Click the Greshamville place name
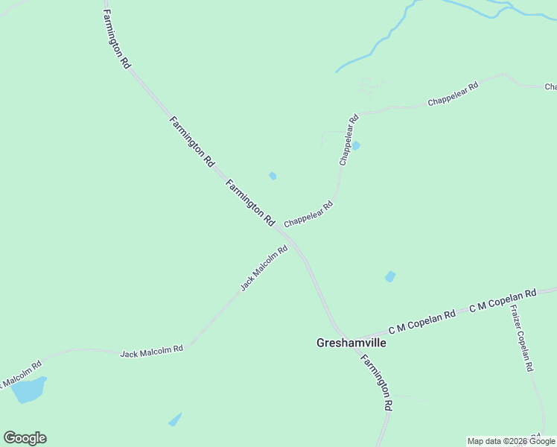351,343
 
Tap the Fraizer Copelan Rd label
521,340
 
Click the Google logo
25,438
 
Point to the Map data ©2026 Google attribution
511,442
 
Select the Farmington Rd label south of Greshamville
377,382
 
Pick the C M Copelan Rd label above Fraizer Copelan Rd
503,300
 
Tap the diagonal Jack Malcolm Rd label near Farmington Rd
264,269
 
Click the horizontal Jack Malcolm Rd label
152,350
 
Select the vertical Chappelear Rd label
348,139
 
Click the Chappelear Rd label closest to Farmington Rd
308,214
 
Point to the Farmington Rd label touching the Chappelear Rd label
250,203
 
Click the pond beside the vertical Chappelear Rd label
356,145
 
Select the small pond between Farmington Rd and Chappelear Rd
273,176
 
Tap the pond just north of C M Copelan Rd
389,277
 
